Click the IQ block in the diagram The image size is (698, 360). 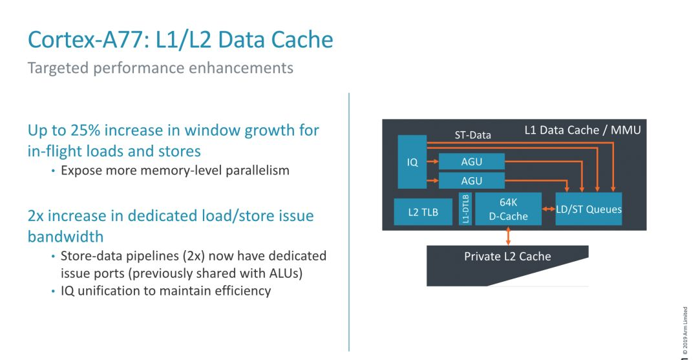pos(412,162)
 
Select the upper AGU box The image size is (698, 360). pos(471,161)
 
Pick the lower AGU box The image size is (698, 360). pos(471,181)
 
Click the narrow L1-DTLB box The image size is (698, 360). pos(465,209)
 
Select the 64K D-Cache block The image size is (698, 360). pos(508,209)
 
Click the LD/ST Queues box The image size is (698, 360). pos(589,209)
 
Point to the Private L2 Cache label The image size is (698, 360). pos(507,257)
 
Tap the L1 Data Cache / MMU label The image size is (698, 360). pos(582,131)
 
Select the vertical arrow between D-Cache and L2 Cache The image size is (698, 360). pos(508,235)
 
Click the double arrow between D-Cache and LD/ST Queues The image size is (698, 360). pos(548,209)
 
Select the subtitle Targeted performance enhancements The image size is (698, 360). pos(160,68)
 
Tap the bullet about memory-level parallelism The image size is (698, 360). pos(174,171)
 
